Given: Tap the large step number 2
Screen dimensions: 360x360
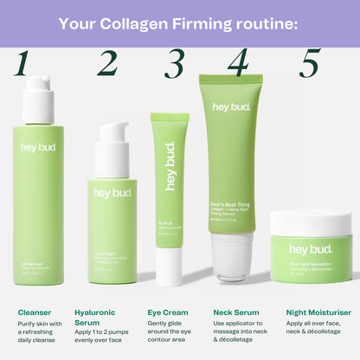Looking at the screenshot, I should (107, 63).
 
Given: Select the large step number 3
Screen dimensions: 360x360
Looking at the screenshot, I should (176, 63).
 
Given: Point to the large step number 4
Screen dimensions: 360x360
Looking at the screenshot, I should (237, 63).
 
